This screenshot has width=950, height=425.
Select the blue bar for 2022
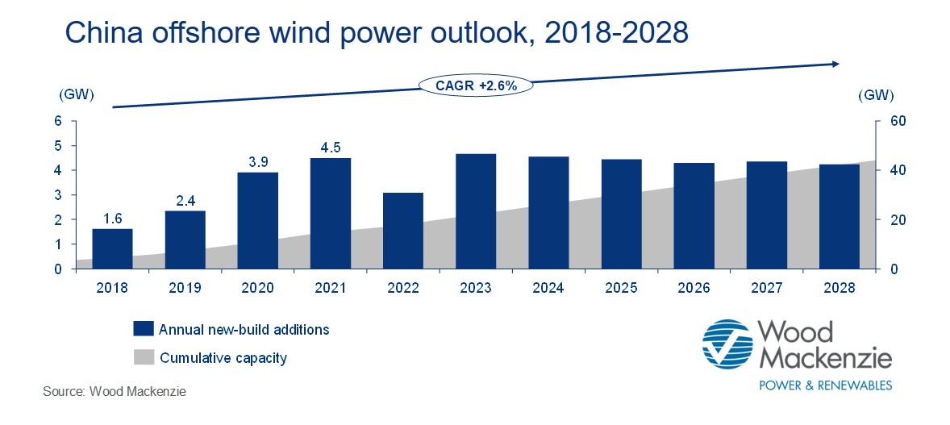point(403,231)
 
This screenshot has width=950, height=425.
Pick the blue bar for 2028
point(840,217)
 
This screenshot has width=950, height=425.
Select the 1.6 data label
point(112,219)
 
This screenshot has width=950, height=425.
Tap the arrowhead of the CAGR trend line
point(835,64)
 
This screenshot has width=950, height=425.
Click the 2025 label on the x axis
point(621,286)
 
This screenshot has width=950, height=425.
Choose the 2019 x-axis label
point(185,286)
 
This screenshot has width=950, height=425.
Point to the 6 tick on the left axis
point(58,121)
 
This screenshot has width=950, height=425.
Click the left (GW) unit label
point(77,95)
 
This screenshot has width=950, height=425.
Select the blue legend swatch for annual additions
point(143,329)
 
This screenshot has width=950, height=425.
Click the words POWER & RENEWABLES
point(827,385)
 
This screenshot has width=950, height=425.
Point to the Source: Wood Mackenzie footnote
point(115,392)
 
